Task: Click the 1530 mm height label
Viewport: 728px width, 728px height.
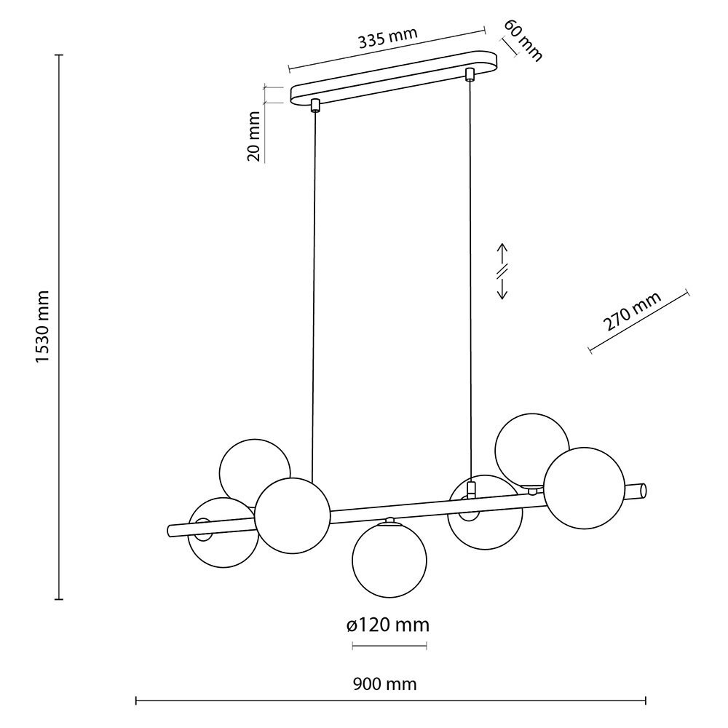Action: (x=43, y=328)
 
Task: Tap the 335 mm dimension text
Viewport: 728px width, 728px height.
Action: (x=388, y=38)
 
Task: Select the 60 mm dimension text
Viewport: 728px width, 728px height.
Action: (x=523, y=40)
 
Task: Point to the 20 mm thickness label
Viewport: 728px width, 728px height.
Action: (x=254, y=137)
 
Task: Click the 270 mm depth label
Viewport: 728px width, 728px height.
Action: (x=632, y=312)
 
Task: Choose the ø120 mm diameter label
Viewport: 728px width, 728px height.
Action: (x=388, y=625)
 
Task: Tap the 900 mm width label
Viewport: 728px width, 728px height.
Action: (x=385, y=684)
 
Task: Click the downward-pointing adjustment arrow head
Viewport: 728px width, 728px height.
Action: (x=502, y=296)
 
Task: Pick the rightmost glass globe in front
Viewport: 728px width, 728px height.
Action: (x=584, y=488)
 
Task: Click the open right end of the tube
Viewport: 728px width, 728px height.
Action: (x=643, y=491)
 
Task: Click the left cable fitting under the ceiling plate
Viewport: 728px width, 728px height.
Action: (x=315, y=106)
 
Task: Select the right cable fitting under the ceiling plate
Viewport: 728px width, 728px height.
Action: (x=470, y=74)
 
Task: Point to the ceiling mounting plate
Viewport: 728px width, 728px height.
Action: (x=394, y=77)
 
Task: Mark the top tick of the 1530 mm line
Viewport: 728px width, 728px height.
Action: (x=59, y=55)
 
